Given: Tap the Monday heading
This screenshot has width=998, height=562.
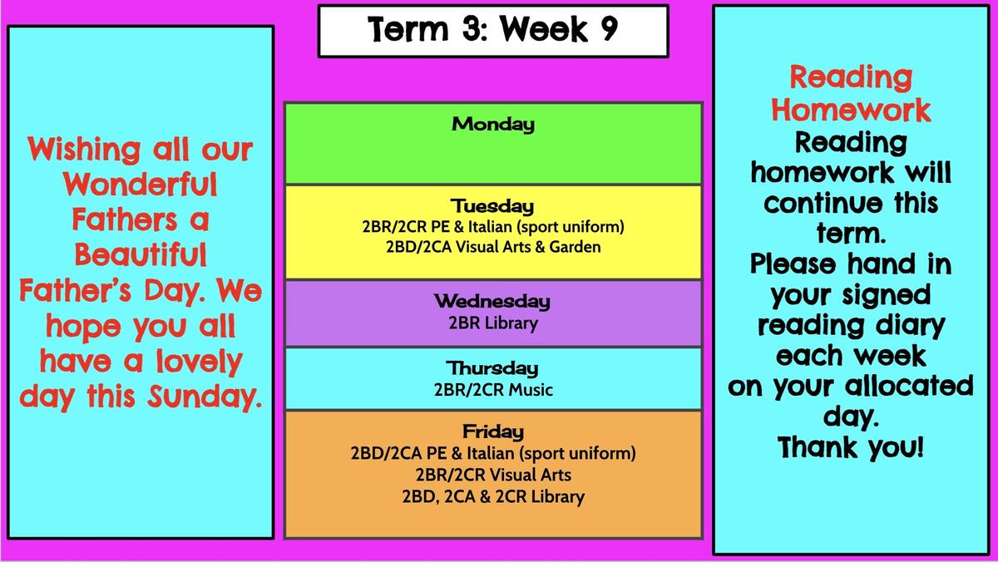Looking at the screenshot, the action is point(493,124).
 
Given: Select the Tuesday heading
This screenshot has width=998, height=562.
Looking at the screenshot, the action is point(492,206).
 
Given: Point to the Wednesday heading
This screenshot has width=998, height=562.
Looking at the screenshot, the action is point(492,301).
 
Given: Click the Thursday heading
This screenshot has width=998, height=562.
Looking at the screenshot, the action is point(492,368).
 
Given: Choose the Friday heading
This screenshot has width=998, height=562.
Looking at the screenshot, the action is point(493,431).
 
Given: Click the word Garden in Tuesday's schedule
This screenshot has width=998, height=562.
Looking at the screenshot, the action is point(575,247).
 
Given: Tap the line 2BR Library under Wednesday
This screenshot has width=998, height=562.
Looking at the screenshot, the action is point(493,323).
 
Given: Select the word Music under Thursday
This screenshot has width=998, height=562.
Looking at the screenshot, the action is point(531,390).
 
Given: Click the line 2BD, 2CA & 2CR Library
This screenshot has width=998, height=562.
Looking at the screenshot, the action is point(493,496).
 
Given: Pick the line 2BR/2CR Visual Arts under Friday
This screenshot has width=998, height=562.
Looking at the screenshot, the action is point(493,475).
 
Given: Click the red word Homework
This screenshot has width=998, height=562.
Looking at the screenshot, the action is point(851,110).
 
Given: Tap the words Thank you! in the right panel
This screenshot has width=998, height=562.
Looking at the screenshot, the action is point(851,447).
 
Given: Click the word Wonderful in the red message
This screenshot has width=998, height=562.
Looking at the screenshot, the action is point(141,184).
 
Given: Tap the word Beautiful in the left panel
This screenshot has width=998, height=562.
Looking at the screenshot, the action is point(141,254).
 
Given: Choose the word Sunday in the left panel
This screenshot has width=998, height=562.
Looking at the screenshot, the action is point(205,397).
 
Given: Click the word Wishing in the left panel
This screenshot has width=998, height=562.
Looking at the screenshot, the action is point(84,150).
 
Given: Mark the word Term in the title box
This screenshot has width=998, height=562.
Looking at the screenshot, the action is point(408,29).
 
